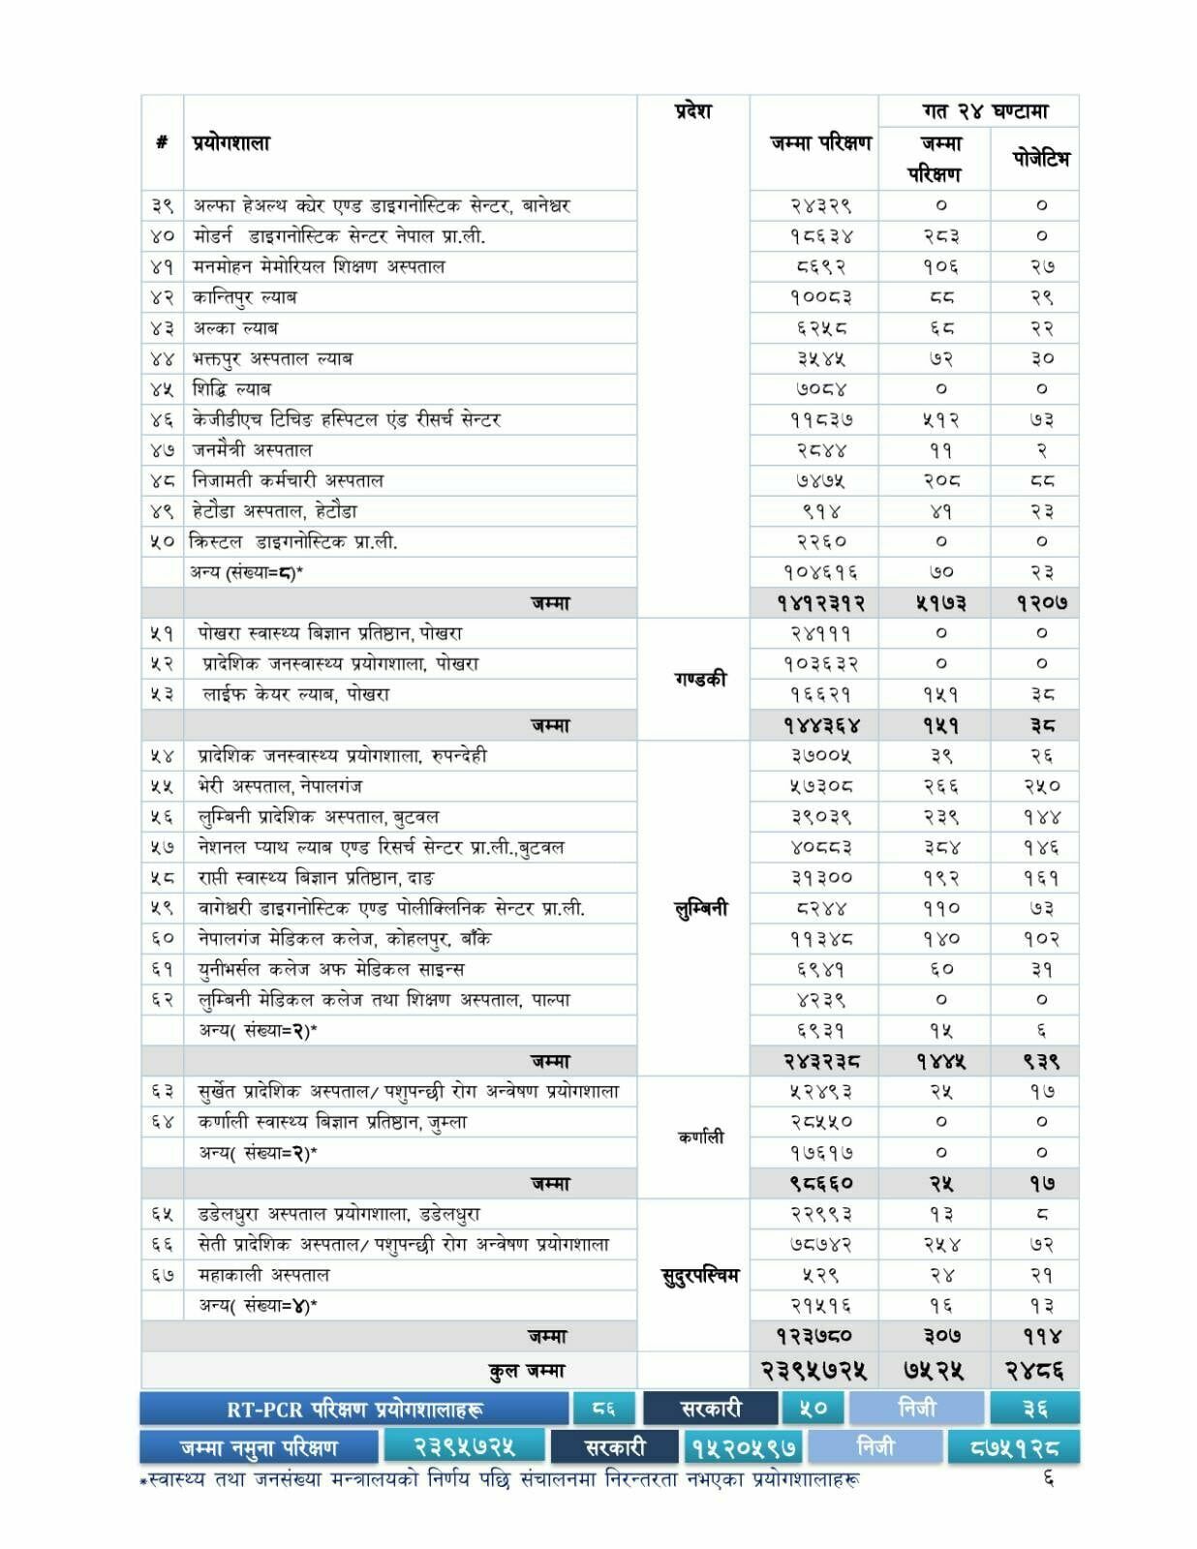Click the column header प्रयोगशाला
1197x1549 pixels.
pos(231,143)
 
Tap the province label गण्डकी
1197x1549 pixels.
pos(700,679)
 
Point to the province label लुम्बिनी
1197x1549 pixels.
pos(700,908)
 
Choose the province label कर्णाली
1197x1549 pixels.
pos(700,1138)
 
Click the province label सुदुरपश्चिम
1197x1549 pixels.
pos(698,1275)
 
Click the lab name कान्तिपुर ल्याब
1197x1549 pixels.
pos(244,297)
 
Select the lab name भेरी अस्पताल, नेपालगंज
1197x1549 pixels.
pos(280,786)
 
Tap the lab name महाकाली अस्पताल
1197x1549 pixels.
pos(263,1275)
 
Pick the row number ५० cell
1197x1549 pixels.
pos(162,542)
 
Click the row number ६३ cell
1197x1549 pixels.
pos(162,1092)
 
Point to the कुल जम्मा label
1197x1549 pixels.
pos(527,1371)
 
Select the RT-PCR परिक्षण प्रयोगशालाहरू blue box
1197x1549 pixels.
pos(354,1409)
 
